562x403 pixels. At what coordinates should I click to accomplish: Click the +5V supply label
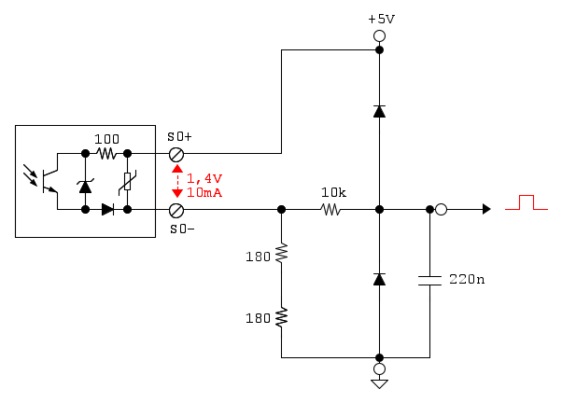380,19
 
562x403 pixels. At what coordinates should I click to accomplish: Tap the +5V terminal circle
379,36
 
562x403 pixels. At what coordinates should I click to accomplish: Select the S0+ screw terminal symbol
175,153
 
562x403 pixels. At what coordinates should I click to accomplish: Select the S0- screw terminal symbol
175,210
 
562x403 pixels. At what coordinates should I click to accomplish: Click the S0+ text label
178,136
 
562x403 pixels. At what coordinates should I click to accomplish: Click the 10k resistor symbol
331,210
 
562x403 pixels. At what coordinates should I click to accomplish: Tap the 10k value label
333,193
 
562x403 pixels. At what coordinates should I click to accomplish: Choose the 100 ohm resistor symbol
105,153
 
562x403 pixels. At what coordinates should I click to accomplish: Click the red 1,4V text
204,178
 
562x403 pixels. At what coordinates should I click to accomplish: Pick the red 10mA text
204,192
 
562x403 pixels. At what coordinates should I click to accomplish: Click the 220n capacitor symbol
429,280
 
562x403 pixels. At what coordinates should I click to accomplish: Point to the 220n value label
466,279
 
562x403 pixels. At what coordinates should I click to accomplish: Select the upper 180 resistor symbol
281,254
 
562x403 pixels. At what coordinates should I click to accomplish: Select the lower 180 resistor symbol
281,318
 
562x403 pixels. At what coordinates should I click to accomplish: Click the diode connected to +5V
379,111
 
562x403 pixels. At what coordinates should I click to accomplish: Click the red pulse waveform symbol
526,203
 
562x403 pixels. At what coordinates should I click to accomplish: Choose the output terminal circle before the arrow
441,210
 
